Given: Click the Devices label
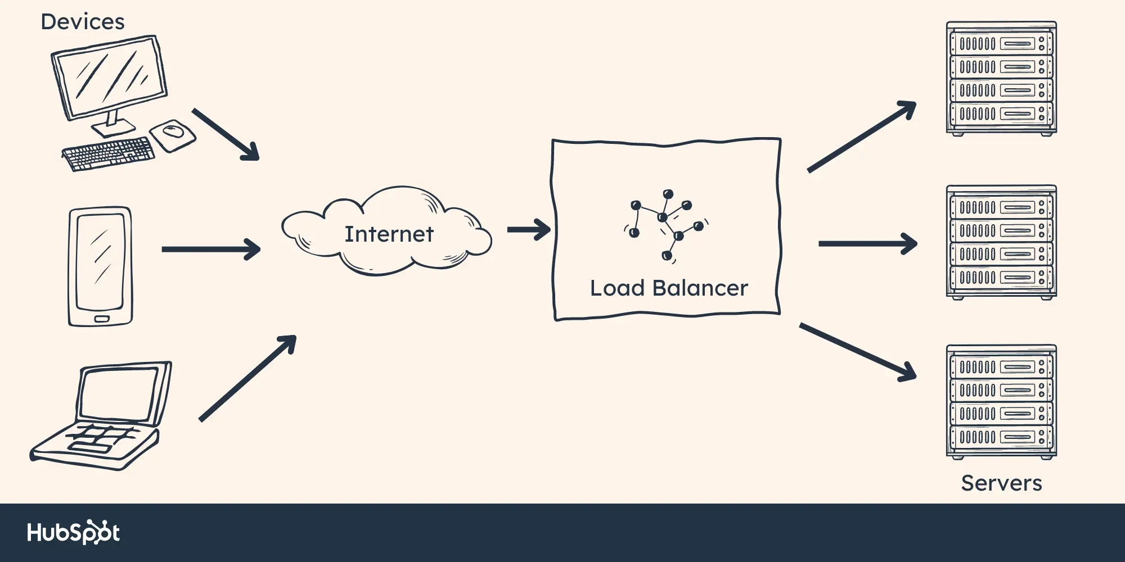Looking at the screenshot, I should pos(83,22).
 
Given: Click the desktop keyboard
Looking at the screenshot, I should pos(108,153).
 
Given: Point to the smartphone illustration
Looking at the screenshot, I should pos(100,265).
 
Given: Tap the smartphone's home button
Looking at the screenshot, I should pos(101,319).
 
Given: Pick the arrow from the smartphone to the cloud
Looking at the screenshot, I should pos(211,249).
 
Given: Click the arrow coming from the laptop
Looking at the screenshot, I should pos(247,378).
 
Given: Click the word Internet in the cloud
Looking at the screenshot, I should pos(389,234).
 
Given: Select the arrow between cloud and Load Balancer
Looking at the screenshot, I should pos(529,229).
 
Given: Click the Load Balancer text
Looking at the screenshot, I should pos(669,288).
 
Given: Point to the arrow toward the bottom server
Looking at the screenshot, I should pos(858,352).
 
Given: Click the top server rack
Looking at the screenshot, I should pos(1001,78).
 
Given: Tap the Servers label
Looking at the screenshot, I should pos(1001,483).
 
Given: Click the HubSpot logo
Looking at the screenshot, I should pos(74,532).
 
